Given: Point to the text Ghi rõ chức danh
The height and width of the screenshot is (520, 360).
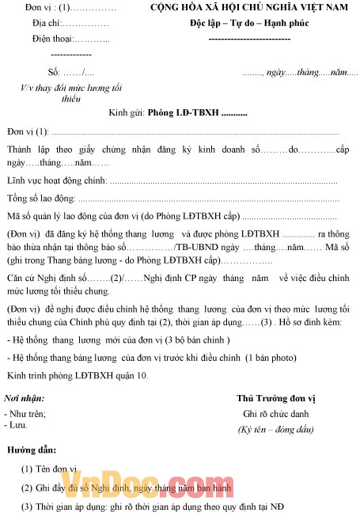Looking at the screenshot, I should [275, 414].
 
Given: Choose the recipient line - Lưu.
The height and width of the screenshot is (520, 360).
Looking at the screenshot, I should [17, 424].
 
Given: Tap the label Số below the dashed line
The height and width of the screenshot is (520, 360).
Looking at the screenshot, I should [53, 73].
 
